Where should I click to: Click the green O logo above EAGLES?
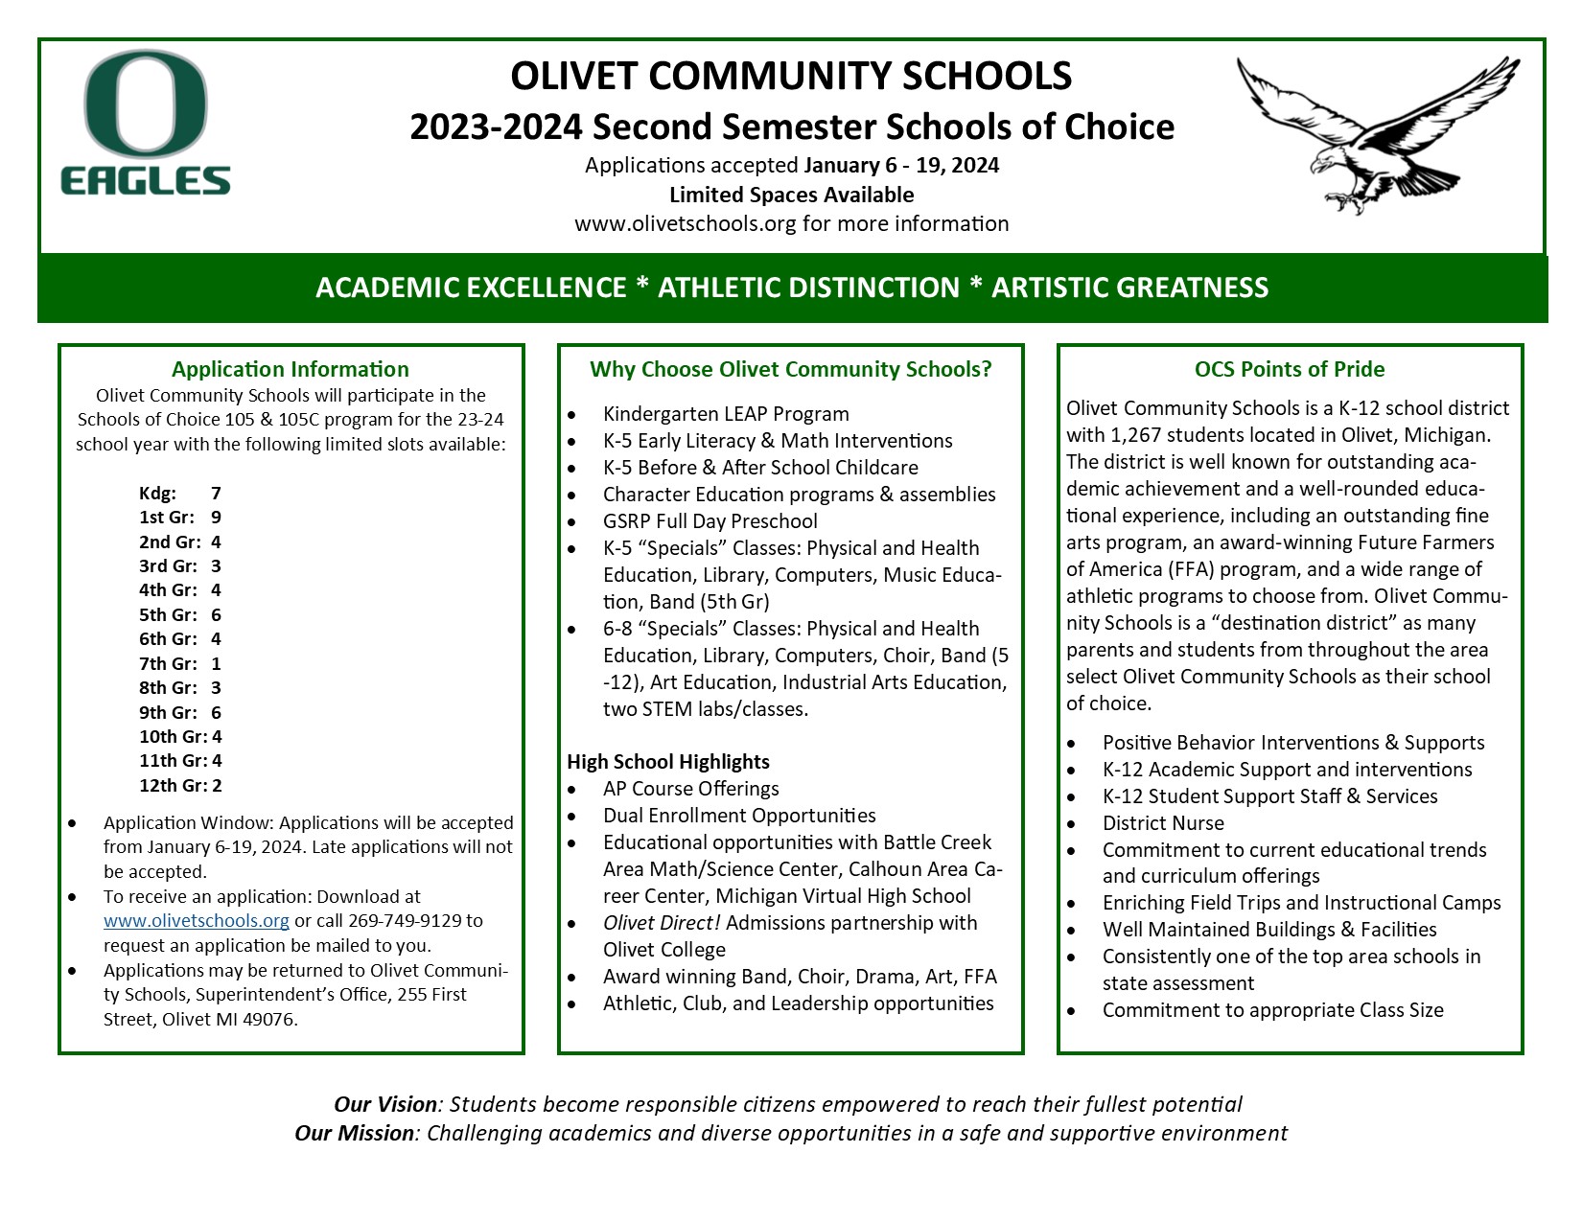(146, 104)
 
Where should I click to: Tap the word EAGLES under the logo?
(146, 181)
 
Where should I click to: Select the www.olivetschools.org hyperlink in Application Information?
(196, 921)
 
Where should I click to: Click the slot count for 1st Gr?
(217, 518)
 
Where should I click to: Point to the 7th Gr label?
(168, 663)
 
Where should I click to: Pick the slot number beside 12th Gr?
(218, 785)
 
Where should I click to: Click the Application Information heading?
(291, 369)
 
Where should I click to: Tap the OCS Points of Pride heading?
(1289, 369)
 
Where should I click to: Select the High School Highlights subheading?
(667, 762)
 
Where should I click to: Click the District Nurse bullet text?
(1163, 823)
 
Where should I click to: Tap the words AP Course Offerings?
(690, 789)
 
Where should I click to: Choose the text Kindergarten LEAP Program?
(725, 414)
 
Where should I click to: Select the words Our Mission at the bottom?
(354, 1133)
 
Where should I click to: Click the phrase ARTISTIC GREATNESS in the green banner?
(1129, 288)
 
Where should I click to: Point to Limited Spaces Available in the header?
(791, 195)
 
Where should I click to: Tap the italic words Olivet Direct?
(662, 923)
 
